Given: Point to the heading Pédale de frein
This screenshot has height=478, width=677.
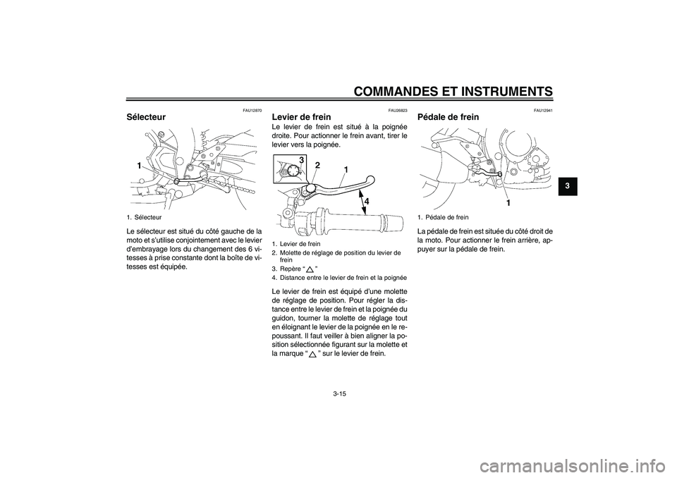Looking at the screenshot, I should (449, 117).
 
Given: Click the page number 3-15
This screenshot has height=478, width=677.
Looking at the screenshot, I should (338, 393).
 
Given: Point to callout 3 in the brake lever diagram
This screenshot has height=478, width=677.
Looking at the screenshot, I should (300, 161).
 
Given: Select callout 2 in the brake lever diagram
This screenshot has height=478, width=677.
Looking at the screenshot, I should (317, 166).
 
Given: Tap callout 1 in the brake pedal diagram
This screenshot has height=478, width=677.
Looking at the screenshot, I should (507, 202).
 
